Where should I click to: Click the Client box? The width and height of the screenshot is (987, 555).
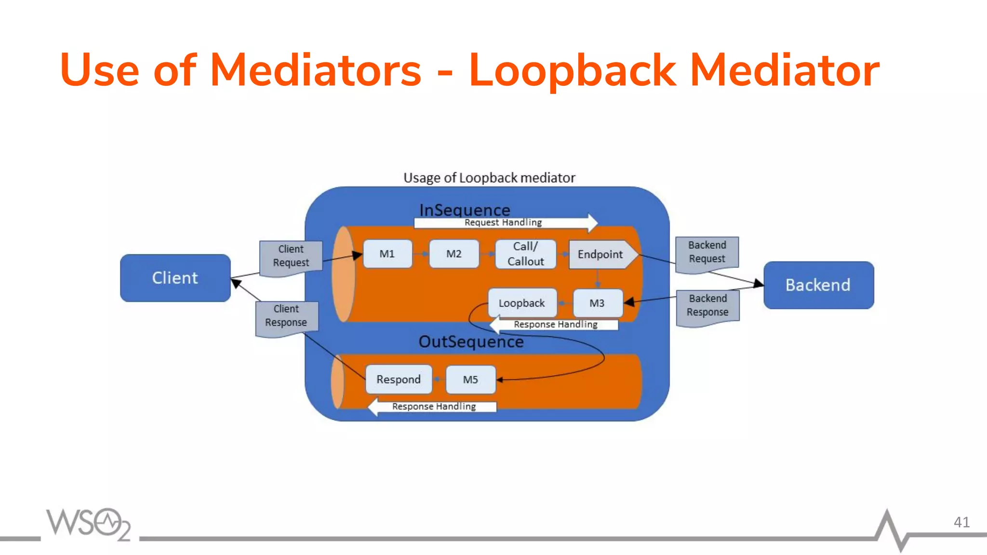[x=175, y=278]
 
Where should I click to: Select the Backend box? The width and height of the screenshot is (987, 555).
[x=818, y=285]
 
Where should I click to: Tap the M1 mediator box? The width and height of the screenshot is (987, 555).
[x=387, y=254]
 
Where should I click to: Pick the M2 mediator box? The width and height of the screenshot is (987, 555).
[x=453, y=254]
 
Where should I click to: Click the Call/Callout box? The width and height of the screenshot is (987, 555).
[x=525, y=254]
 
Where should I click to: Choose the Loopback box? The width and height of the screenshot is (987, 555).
[x=522, y=303]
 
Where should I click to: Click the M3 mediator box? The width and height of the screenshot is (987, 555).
[x=597, y=303]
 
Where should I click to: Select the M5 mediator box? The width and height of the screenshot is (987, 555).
[x=470, y=380]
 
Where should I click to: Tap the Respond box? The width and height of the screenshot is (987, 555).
[x=399, y=380]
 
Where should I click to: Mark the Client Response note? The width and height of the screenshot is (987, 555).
[x=286, y=317]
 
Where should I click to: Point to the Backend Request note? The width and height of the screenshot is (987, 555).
[x=707, y=253]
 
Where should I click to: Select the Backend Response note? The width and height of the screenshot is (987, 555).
[x=707, y=306]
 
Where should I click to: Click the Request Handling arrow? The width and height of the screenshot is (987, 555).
[x=504, y=223]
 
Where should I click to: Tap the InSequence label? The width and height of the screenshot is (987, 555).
[x=465, y=210]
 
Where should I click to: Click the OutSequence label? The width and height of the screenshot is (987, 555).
[x=471, y=342]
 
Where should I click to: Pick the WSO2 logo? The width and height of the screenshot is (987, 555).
[x=88, y=524]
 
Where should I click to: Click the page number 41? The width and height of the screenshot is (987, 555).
[x=961, y=522]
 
